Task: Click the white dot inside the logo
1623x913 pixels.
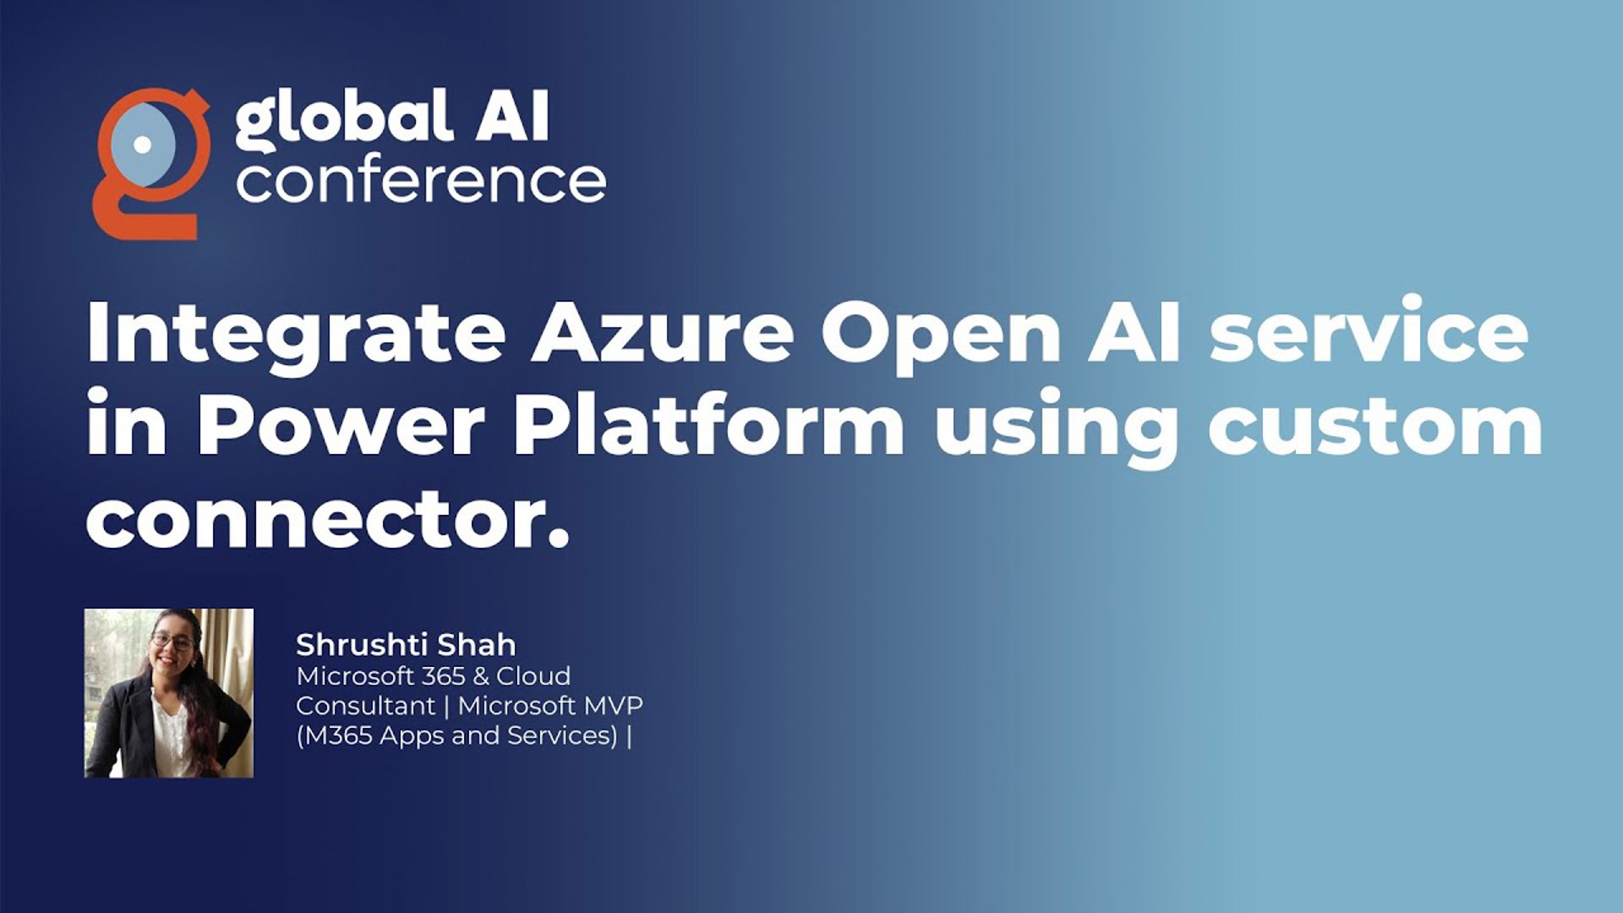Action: (143, 145)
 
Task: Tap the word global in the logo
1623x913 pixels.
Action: (342, 118)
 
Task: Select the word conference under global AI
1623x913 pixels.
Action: (421, 181)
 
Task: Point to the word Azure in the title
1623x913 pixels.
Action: (663, 333)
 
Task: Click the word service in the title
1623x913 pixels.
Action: (1369, 333)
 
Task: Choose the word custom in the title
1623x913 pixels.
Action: (1375, 427)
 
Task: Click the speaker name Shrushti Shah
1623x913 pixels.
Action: (406, 645)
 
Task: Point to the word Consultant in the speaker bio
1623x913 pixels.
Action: (365, 706)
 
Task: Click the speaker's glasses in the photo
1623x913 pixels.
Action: (172, 641)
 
